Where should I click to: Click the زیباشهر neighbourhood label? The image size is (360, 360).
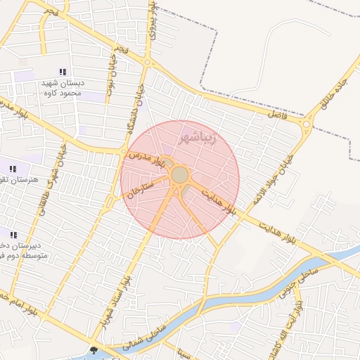[x=207, y=136]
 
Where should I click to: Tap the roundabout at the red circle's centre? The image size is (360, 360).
[x=180, y=174]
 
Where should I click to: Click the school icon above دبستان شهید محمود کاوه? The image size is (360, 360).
[x=63, y=72]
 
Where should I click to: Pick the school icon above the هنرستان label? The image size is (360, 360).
[x=13, y=168]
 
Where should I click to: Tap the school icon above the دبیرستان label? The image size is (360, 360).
[x=13, y=234]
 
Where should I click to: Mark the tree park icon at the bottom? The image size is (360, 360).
[x=94, y=349]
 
